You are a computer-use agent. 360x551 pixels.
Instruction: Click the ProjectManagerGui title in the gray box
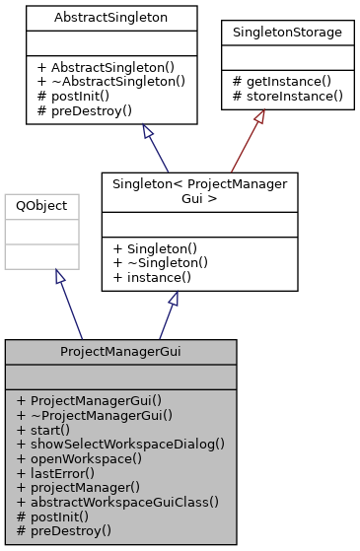tap(120, 351)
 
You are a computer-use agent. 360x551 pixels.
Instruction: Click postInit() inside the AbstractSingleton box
tap(72, 96)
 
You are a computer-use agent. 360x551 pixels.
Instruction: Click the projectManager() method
tap(87, 486)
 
